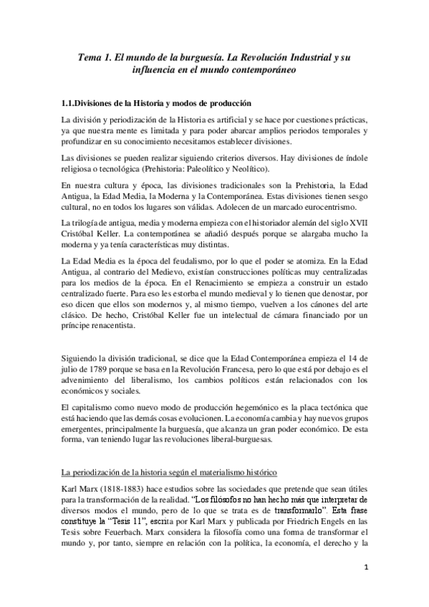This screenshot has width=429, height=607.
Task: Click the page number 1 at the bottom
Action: pyautogui.click(x=365, y=569)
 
